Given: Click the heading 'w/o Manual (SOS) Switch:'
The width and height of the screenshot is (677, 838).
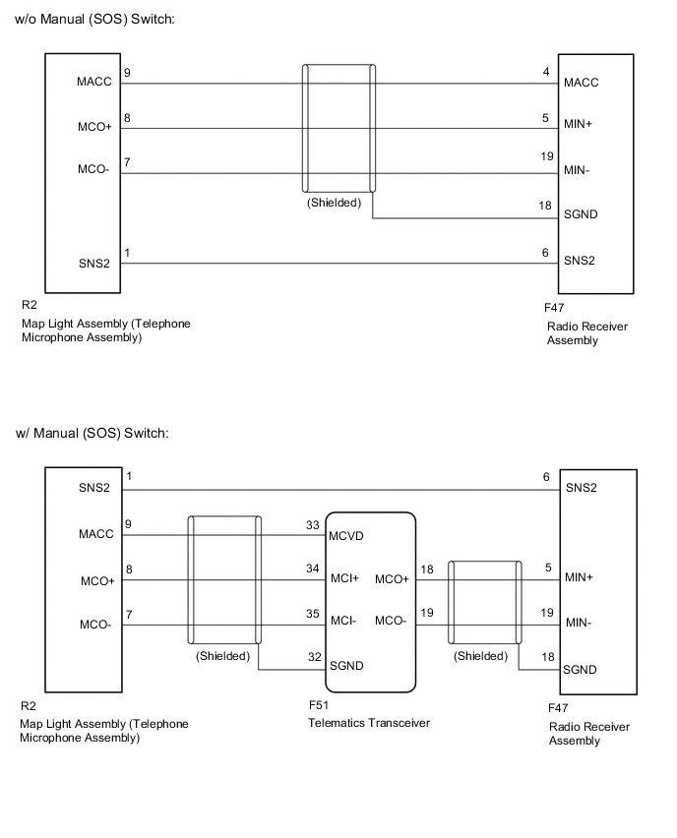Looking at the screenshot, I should click(x=94, y=21).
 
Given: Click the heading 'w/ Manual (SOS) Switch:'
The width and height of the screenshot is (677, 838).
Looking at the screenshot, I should click(x=92, y=434).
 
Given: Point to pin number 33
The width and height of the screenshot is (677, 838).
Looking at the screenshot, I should click(x=313, y=526).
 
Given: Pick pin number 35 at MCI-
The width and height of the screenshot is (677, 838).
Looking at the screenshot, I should click(x=313, y=614).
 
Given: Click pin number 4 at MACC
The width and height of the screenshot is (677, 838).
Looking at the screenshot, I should click(x=544, y=72).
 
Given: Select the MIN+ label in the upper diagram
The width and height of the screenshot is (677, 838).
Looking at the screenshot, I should click(x=579, y=125).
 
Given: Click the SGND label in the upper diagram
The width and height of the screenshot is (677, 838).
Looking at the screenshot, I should click(x=581, y=215).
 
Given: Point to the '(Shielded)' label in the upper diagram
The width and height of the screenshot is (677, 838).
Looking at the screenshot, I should click(x=334, y=204).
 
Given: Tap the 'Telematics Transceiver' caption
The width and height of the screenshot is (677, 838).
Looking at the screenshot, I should click(x=370, y=724).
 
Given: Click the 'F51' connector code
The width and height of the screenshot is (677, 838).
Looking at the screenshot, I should click(x=318, y=706).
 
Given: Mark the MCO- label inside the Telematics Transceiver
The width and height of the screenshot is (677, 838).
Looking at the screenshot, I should click(x=392, y=623).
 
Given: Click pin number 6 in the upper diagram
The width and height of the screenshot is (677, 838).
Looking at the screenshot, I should click(x=544, y=253).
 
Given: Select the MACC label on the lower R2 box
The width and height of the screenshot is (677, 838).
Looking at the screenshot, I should click(x=95, y=535).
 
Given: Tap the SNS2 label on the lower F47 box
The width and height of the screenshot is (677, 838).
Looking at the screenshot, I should click(x=583, y=488).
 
